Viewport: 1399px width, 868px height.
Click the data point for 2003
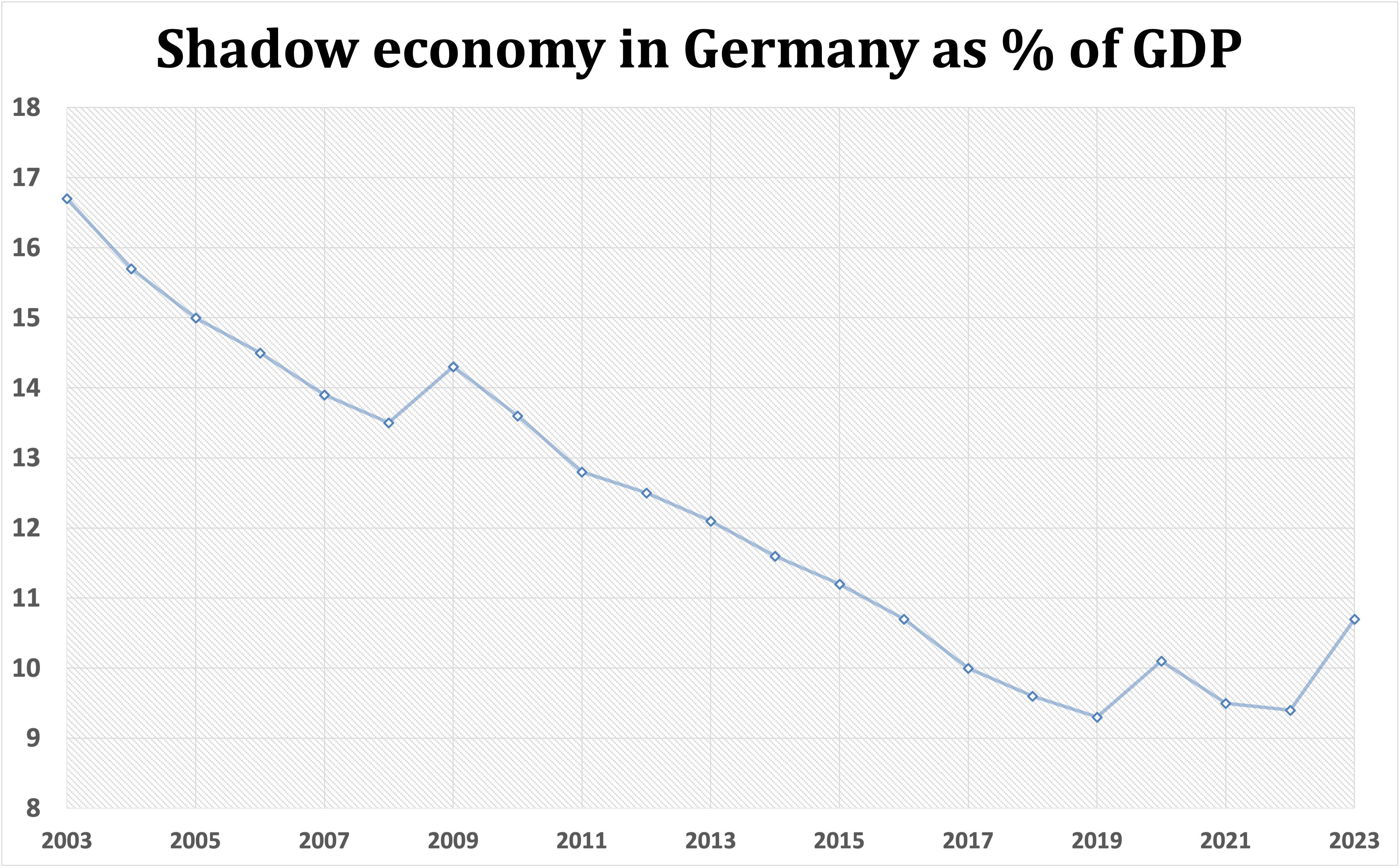pyautogui.click(x=67, y=199)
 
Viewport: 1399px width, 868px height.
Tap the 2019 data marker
pyautogui.click(x=1097, y=717)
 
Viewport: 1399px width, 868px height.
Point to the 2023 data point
pyautogui.click(x=1354, y=619)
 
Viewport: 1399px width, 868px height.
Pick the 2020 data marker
pyautogui.click(x=1161, y=661)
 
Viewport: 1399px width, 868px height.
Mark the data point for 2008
pyautogui.click(x=389, y=423)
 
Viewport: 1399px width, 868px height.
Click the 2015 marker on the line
pyautogui.click(x=839, y=584)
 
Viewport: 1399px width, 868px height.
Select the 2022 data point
pyautogui.click(x=1290, y=711)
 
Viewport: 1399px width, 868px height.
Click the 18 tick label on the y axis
pyautogui.click(x=26, y=108)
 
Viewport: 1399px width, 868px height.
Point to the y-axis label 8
pyautogui.click(x=33, y=808)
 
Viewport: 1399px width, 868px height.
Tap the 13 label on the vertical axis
pyautogui.click(x=26, y=458)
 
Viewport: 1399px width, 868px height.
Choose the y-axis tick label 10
pyautogui.click(x=26, y=668)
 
